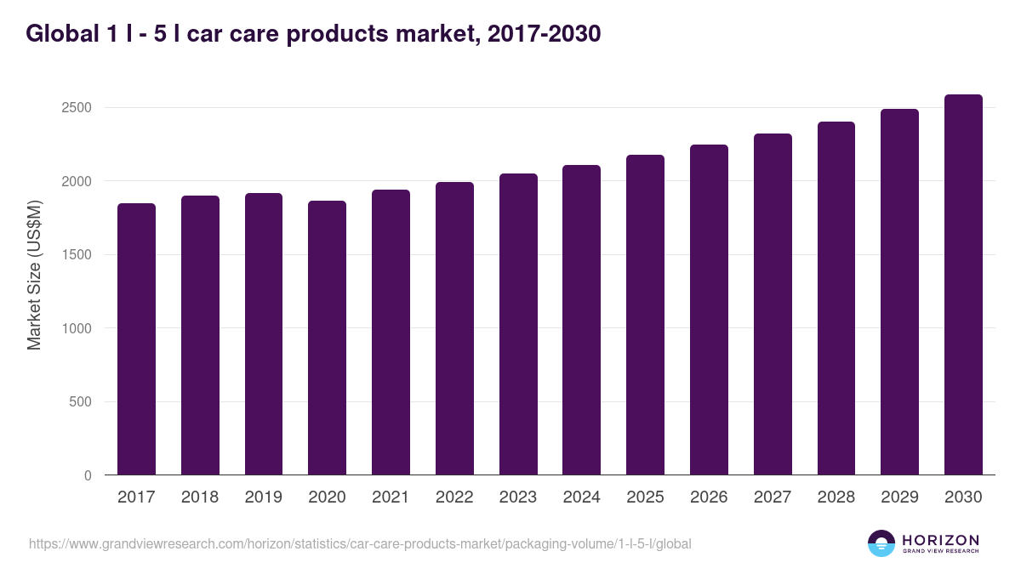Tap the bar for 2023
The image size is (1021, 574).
coord(518,324)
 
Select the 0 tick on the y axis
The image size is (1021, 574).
coord(87,475)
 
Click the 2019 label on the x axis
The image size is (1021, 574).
coord(264,497)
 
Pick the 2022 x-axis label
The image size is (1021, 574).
coord(454,497)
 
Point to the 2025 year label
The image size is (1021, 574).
coord(645,497)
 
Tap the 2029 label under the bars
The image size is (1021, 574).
coord(899,497)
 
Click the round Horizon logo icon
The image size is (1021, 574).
coord(881,543)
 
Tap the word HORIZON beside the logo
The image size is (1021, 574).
coord(940,539)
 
